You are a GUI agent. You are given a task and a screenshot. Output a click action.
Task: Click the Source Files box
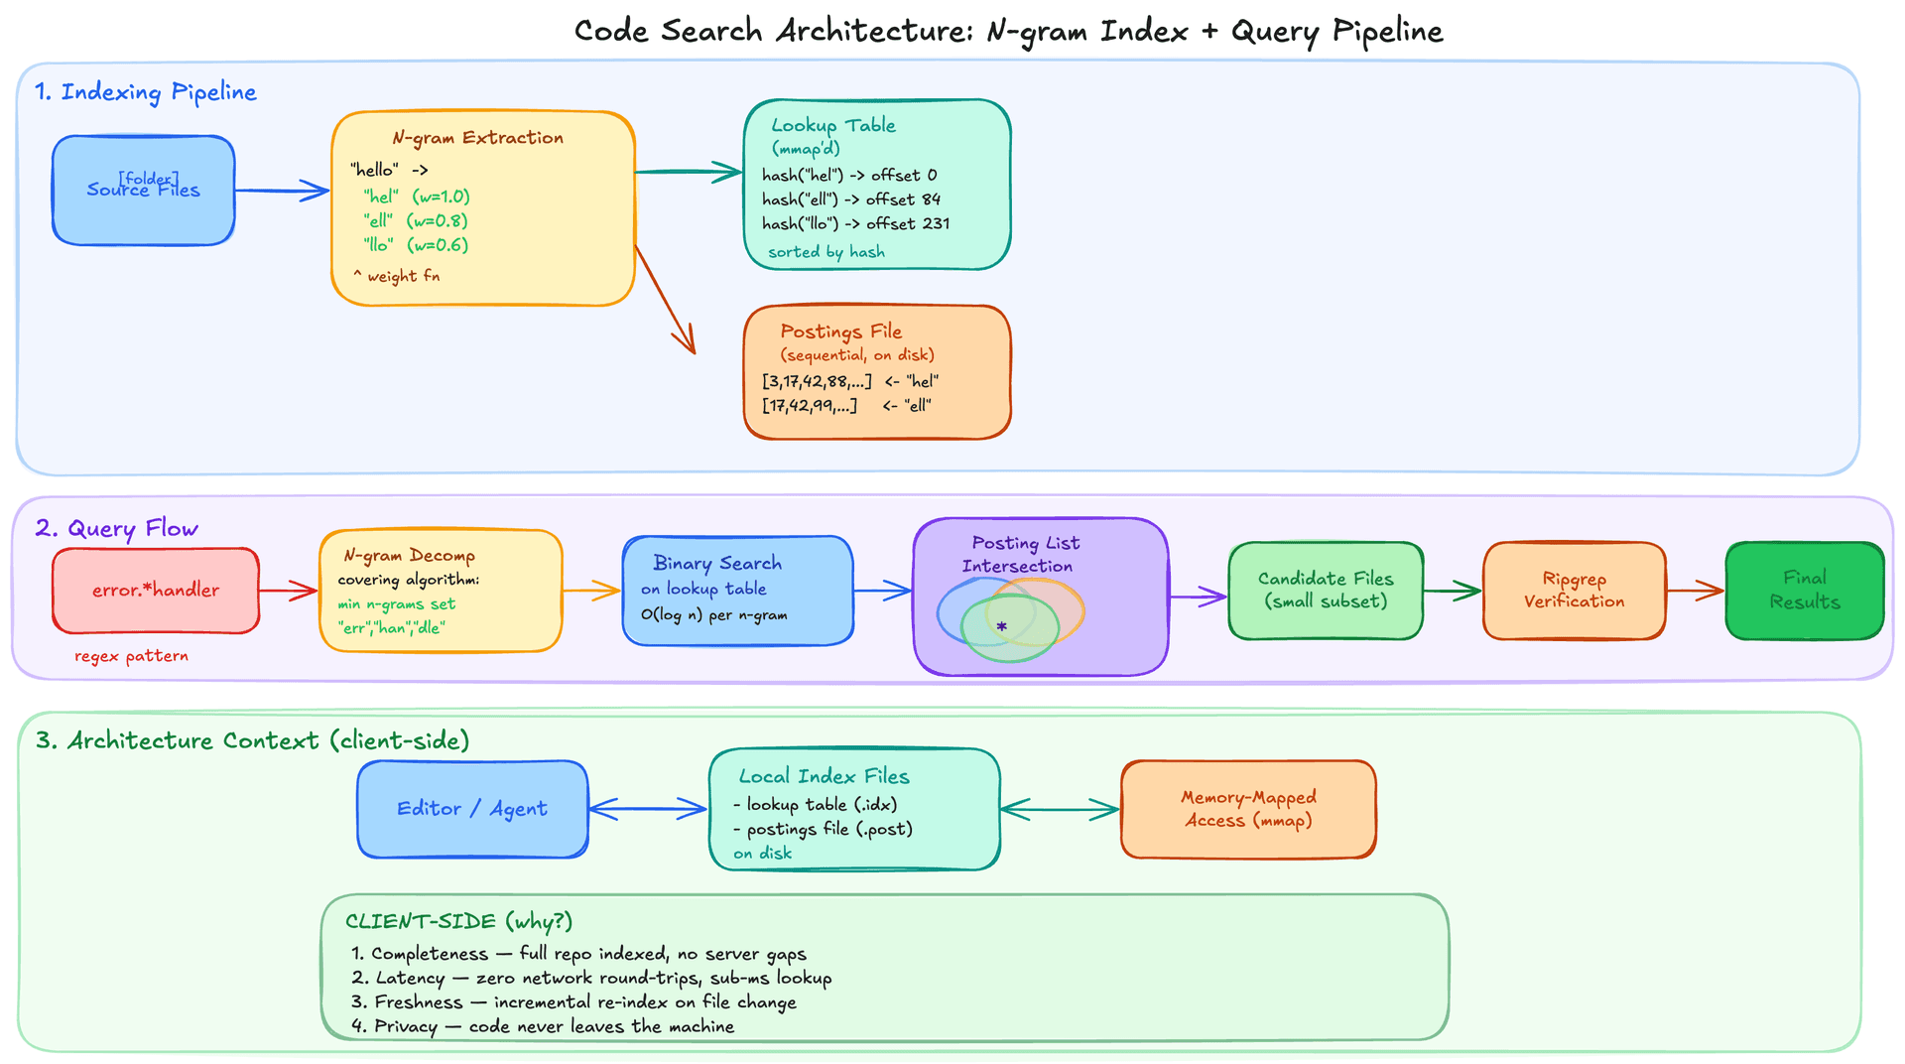pos(143,191)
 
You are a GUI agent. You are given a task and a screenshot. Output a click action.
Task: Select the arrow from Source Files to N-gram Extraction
pos(282,191)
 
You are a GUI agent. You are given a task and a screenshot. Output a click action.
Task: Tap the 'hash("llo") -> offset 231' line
pos(855,224)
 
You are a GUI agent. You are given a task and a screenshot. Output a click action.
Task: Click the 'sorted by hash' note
pos(825,252)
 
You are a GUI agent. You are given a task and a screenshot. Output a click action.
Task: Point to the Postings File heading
pos(840,332)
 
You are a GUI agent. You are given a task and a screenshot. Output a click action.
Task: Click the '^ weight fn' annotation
pos(396,276)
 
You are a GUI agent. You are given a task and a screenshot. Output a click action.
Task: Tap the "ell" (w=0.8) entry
pos(415,220)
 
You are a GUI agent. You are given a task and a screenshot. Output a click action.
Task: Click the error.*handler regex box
pos(156,591)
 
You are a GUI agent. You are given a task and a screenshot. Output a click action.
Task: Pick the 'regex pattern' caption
pos(131,656)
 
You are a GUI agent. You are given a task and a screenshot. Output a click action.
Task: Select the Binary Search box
pos(737,591)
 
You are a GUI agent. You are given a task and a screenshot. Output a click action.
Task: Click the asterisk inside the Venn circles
pos(1002,627)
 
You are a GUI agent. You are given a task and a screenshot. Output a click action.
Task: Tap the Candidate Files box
pos(1326,591)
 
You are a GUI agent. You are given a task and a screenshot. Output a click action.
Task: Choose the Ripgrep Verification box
pos(1574,591)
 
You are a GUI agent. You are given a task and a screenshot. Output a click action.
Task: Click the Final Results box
pos(1804,591)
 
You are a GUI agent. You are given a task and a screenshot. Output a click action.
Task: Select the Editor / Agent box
pos(472,809)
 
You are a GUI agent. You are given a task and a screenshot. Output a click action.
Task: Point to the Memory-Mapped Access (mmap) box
pos(1248,809)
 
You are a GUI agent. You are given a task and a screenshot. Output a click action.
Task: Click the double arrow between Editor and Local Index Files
pos(648,810)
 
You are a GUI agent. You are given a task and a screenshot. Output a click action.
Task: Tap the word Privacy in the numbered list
pos(405,1026)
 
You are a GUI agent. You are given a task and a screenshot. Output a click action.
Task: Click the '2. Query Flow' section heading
pos(116,528)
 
